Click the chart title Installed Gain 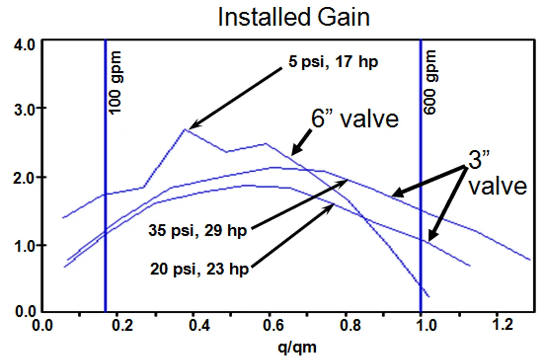(x=293, y=17)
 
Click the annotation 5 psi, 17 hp (x=330, y=63)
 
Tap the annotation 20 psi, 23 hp (x=200, y=268)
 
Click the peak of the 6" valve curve (x=185, y=129)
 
